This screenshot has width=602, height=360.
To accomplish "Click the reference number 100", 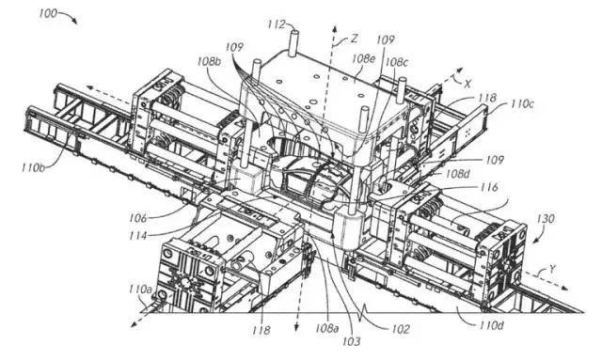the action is coord(48,13).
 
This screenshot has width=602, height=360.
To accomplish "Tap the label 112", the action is coord(277,24).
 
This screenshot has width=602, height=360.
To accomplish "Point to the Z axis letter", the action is coord(354,39).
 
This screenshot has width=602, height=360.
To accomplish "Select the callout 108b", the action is coord(209,61).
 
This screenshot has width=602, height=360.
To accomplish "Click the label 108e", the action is coord(363,58).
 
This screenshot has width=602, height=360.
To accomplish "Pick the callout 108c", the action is coord(397,62).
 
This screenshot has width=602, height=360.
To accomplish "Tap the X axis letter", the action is coord(467,84).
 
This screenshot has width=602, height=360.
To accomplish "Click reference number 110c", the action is coord(522,103).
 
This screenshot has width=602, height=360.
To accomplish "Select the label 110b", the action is coord(33,167).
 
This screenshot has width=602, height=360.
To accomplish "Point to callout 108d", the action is coord(458,174).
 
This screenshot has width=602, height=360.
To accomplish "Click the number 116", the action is coord(489,187).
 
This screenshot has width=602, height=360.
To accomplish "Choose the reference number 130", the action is coord(546,219).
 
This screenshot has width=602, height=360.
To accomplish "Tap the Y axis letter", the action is coord(552,269).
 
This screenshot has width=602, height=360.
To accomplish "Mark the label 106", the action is coord(138,218).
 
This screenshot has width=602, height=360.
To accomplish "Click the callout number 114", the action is coord(138,235).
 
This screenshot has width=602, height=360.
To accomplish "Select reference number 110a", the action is coord(140,290).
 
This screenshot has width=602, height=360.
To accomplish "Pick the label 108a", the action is coord(327,329).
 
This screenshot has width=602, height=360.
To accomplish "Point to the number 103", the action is coord(352,341).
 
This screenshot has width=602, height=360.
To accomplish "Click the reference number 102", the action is coord(401,329).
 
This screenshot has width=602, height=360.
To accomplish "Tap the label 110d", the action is coord(491,326).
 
